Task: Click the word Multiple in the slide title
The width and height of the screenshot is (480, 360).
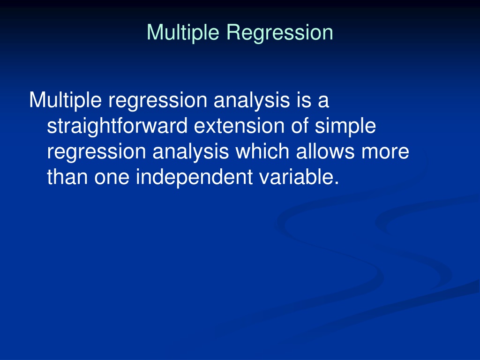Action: coord(183,33)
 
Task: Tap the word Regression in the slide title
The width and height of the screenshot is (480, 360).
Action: coord(280,33)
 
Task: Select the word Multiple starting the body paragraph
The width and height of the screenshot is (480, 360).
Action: coord(65,100)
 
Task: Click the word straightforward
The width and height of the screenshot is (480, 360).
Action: coord(117,126)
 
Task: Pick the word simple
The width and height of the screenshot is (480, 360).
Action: coord(345,126)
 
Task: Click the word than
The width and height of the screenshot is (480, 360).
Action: coord(67,177)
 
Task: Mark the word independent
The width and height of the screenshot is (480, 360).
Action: coord(194,177)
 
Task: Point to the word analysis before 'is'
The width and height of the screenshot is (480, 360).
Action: coord(252,100)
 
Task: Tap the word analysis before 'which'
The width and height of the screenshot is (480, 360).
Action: coord(191,151)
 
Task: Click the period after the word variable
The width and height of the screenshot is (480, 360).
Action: coord(337,183)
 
